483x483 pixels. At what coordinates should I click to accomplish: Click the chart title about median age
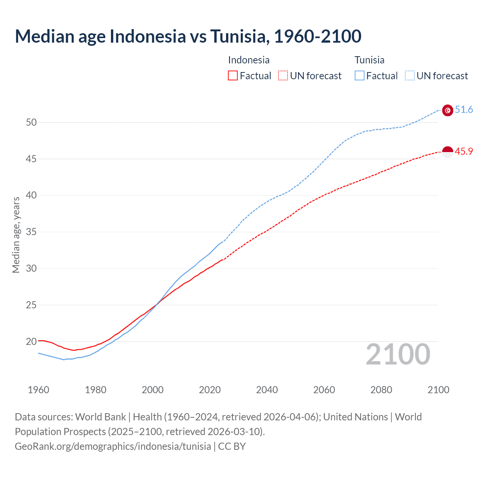188,36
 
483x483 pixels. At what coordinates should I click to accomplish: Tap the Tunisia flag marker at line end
447,110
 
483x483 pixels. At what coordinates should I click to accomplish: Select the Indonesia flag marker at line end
447,152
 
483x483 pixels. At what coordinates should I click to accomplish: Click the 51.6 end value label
464,110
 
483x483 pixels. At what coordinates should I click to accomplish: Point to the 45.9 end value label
464,151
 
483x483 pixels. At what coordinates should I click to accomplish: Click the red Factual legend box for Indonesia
233,75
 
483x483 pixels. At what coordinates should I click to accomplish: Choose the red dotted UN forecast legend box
283,75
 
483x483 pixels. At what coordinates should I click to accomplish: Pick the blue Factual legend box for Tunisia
359,75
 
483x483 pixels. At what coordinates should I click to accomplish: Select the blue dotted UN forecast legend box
409,75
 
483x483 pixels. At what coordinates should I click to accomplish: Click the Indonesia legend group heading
249,60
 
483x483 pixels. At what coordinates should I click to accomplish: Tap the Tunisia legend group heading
369,60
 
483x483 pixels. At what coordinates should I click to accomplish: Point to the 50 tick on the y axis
31,122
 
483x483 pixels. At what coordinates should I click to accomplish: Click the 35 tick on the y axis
31,232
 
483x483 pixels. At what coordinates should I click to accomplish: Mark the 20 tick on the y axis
31,341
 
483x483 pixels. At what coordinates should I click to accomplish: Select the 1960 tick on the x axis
38,390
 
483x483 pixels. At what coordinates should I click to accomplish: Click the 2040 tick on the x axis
267,390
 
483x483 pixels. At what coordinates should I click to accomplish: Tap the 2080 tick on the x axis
381,390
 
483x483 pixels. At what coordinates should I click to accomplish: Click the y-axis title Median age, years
16,235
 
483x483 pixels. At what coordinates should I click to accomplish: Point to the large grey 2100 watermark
398,354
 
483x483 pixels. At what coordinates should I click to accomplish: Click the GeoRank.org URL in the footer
113,446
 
